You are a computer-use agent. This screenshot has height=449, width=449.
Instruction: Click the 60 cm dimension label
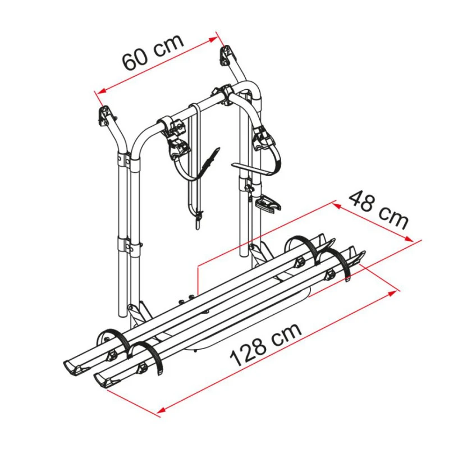point(153,52)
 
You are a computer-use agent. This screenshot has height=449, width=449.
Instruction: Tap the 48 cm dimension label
point(378,210)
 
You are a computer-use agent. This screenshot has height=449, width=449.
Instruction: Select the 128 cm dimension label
point(265,344)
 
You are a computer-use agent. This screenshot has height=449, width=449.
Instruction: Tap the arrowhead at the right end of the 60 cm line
point(213,39)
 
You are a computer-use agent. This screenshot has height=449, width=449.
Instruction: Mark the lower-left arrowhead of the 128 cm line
point(161,410)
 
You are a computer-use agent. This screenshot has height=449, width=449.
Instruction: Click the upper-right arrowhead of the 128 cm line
point(393,293)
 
